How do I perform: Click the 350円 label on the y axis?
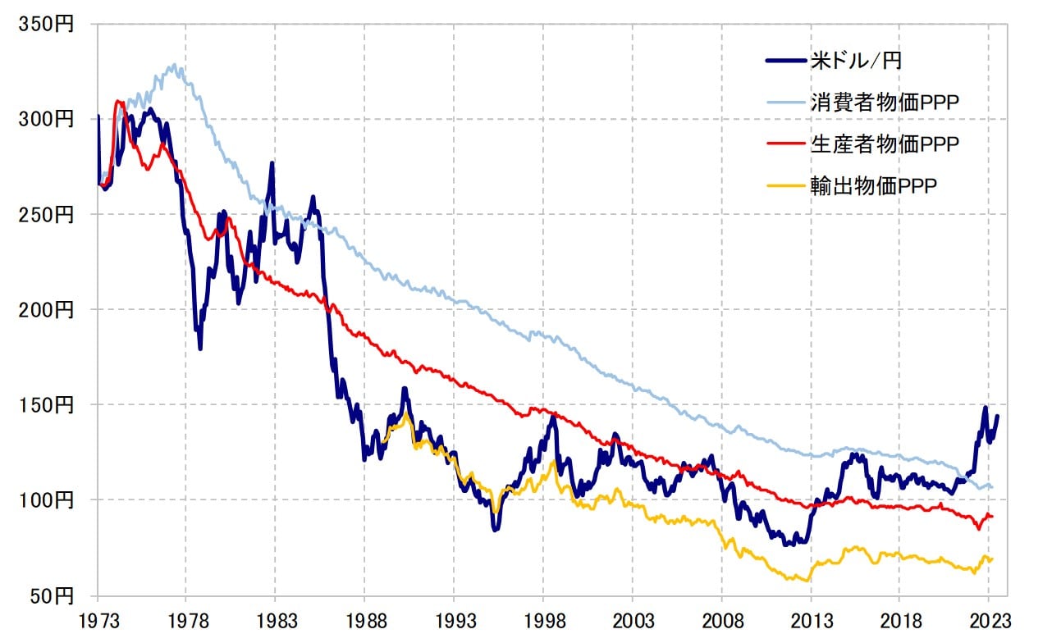click(46, 25)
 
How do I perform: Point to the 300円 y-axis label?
click(46, 120)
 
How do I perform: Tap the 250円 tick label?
click(46, 215)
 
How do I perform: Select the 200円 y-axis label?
click(46, 310)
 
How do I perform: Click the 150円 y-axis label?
click(46, 405)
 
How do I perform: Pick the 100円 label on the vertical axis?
click(46, 500)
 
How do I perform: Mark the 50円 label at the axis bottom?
click(51, 595)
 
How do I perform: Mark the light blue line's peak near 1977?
click(173, 65)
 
